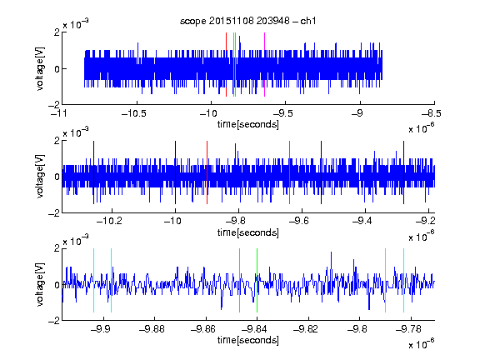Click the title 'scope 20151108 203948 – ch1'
click(x=247, y=21)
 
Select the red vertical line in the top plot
click(x=226, y=65)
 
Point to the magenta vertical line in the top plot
click(x=264, y=65)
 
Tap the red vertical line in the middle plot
click(x=207, y=172)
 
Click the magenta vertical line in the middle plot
click(x=290, y=172)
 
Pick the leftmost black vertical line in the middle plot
click(x=93, y=172)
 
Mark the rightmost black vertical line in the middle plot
click(x=404, y=172)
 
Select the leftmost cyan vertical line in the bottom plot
click(x=93, y=280)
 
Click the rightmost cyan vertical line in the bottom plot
click(x=404, y=280)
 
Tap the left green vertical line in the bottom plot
click(x=239, y=280)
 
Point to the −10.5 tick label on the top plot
click(x=134, y=113)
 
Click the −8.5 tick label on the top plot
click(x=432, y=113)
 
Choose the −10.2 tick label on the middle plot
click(x=109, y=220)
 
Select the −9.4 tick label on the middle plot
click(x=362, y=220)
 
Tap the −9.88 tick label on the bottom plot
click(x=152, y=329)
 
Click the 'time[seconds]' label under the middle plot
click(x=248, y=232)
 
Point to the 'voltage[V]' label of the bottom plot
click(x=40, y=284)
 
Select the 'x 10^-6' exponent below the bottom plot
click(x=422, y=344)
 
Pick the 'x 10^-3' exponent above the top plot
click(x=76, y=23)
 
